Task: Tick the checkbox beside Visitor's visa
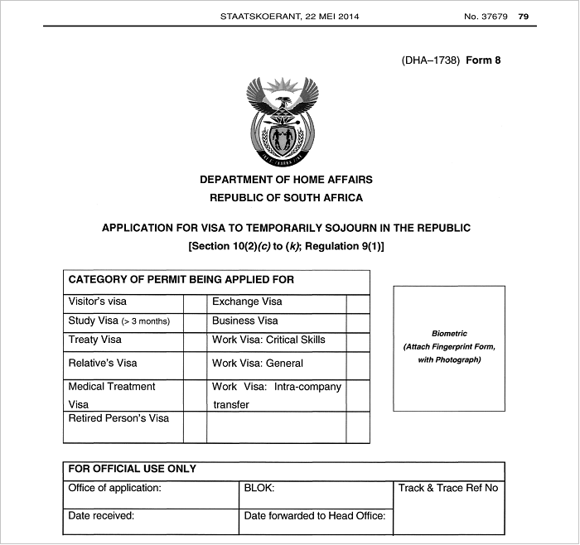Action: pos(194,303)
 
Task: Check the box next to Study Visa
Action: pos(194,322)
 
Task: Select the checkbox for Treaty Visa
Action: pos(194,341)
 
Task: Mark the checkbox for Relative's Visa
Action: pos(194,364)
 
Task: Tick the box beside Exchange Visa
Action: pos(358,303)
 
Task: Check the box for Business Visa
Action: pos(358,322)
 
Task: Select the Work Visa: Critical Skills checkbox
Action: pos(358,341)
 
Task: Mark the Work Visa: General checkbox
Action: pos(358,364)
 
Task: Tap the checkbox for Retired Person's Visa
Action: pos(194,427)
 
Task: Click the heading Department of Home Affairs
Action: pos(286,180)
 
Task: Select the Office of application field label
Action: pos(114,489)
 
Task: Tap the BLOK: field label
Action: pos(259,489)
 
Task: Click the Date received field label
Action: pos(101,516)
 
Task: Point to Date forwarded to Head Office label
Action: pos(315,516)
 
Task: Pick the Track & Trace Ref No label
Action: pos(448,489)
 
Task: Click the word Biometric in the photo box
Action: pos(449,334)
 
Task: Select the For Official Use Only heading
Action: pos(133,469)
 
